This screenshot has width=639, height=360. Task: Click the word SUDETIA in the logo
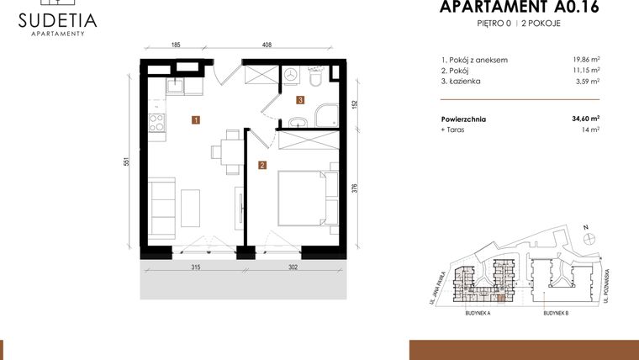[57, 19]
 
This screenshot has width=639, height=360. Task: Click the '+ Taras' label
[453, 130]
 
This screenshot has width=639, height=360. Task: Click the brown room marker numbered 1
[195, 120]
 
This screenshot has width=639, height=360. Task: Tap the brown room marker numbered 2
[262, 165]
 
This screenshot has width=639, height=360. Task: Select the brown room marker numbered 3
[299, 100]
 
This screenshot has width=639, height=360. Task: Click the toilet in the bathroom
[316, 78]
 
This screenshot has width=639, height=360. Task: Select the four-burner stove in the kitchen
[156, 124]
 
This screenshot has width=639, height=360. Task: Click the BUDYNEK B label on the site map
[556, 311]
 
